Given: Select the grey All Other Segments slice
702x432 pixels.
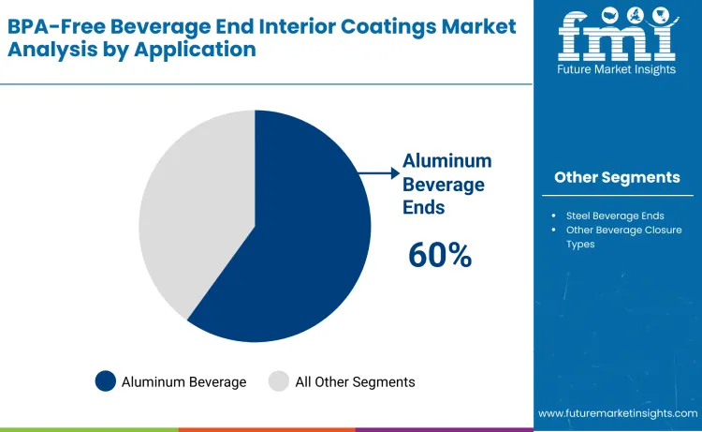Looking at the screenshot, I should (187, 216).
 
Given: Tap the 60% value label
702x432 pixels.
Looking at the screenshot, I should (440, 255).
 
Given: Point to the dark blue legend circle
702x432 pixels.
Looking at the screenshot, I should (106, 381).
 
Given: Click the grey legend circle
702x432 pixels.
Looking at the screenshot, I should (279, 381).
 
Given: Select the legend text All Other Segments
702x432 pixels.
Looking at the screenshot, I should (355, 381).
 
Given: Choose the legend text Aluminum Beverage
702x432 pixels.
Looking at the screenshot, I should (183, 381).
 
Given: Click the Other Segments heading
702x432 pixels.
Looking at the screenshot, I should (617, 177).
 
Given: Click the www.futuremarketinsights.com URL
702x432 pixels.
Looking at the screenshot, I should (618, 413).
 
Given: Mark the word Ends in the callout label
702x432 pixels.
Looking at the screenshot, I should (424, 207).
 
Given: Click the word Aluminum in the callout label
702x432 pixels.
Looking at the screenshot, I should (446, 161).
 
